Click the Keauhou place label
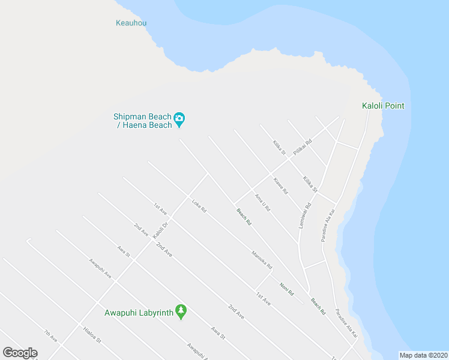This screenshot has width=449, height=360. (x=131, y=23)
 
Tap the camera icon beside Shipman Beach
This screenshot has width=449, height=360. (x=179, y=120)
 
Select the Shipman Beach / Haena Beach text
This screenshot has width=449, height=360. (x=143, y=121)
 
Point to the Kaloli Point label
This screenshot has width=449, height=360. (x=383, y=106)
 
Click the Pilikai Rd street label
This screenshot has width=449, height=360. (x=303, y=148)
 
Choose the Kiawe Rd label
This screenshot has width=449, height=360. (x=280, y=186)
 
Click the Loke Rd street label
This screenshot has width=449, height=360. (x=199, y=206)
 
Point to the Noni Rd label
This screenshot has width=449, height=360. (x=286, y=289)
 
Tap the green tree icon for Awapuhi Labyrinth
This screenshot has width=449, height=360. (x=181, y=312)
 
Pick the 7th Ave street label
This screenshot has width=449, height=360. (x=50, y=336)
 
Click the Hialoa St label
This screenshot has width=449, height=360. (x=92, y=335)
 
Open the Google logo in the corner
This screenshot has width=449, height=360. (x=20, y=352)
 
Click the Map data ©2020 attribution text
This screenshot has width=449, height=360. (x=423, y=355)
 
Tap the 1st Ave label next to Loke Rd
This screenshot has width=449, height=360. (x=160, y=208)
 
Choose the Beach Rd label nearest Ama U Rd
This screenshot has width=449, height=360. (x=244, y=217)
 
